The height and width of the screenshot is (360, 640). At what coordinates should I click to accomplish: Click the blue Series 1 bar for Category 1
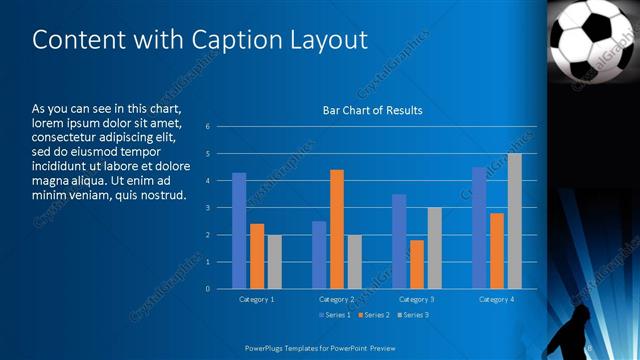pyautogui.click(x=239, y=231)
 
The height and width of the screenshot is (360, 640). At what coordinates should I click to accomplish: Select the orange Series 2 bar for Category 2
pyautogui.click(x=337, y=229)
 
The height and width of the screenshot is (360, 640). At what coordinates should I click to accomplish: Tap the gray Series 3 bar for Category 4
pyautogui.click(x=514, y=221)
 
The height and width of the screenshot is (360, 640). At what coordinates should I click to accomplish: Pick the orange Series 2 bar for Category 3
pyautogui.click(x=417, y=264)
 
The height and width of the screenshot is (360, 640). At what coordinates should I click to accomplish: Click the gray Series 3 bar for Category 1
pyautogui.click(x=274, y=262)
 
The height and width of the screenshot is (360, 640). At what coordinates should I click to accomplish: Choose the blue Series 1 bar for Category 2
pyautogui.click(x=319, y=255)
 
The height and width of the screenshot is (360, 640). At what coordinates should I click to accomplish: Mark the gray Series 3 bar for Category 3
pyautogui.click(x=434, y=248)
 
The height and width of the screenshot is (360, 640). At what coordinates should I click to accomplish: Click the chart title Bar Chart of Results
pyautogui.click(x=372, y=110)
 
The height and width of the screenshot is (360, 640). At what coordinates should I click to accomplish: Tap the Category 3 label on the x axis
pyautogui.click(x=417, y=299)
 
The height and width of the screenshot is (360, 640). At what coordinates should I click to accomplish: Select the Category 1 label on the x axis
pyautogui.click(x=257, y=299)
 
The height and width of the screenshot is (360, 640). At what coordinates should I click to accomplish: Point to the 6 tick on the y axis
pyautogui.click(x=207, y=127)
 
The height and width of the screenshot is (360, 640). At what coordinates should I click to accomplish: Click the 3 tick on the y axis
pyautogui.click(x=207, y=208)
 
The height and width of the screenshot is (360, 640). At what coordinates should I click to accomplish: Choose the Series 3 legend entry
pyautogui.click(x=415, y=315)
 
